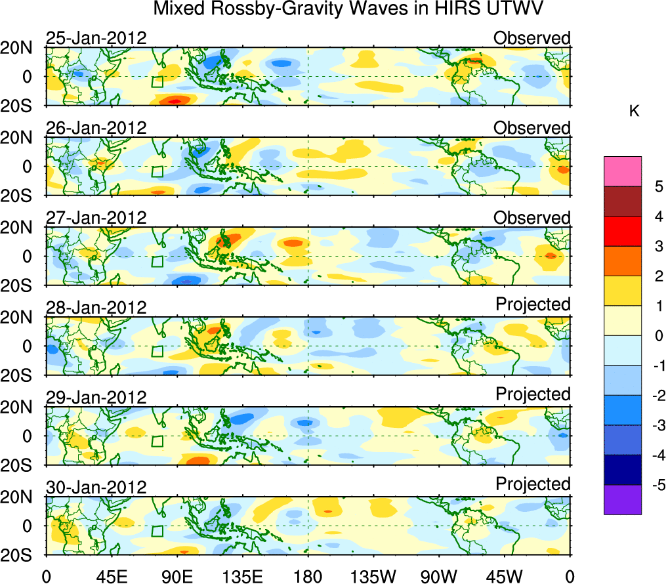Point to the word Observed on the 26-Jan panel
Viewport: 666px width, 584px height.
pos(532,128)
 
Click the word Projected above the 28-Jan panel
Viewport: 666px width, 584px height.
pos(533,304)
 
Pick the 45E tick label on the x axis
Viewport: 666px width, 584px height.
pos(112,576)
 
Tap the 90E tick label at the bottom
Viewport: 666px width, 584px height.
pos(177,576)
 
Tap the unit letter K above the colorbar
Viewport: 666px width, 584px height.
pos(634,112)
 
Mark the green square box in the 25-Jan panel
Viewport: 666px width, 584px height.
pos(157,82)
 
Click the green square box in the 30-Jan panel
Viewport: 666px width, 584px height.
pos(157,531)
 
